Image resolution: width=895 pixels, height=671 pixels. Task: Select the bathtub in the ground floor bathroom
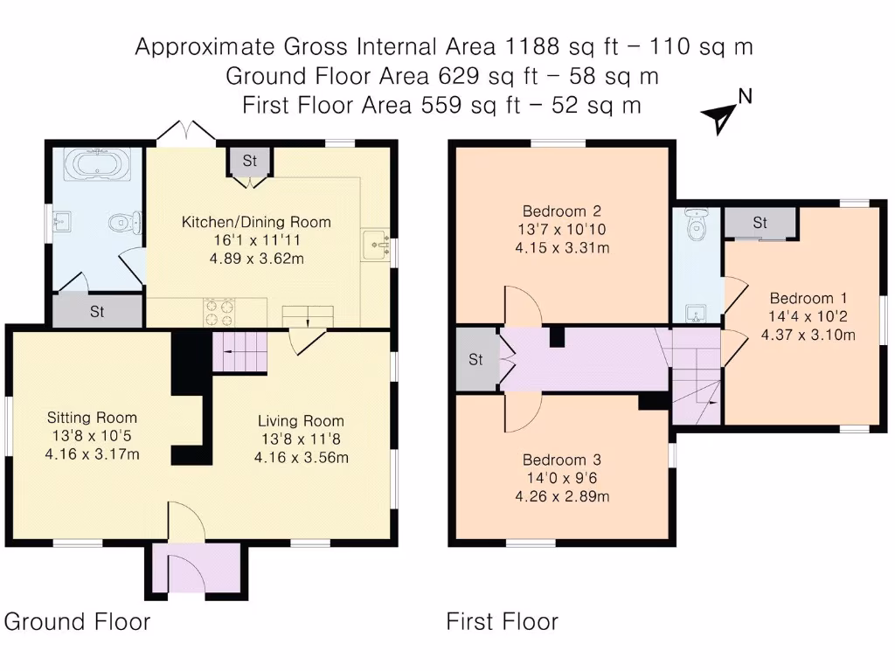pos(98,163)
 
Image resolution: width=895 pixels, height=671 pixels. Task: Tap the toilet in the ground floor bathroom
pos(124,224)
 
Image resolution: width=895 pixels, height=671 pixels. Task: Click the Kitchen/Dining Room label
pos(256,222)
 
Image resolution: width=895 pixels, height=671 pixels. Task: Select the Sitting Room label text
pos(92,418)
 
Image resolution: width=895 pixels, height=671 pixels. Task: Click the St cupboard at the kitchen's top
pos(250,161)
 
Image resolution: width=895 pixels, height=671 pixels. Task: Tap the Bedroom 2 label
pos(561,211)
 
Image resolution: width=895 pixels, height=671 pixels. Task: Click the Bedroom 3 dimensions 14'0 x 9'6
pos(561,478)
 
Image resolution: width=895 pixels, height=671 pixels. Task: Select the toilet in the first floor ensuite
pos(697,226)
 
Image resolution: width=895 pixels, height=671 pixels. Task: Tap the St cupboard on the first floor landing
pos(476,359)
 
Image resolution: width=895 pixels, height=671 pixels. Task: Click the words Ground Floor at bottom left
pos(77,622)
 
